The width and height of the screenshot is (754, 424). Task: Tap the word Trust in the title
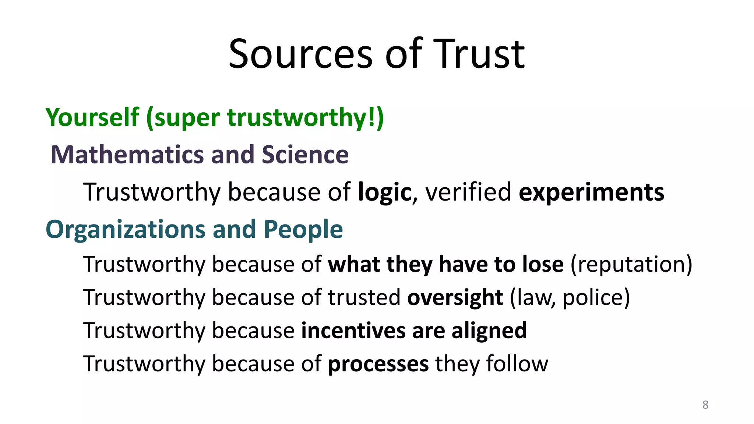(x=479, y=54)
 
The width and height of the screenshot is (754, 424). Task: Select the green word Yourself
(x=92, y=118)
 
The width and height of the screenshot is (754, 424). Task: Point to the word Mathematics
(x=127, y=155)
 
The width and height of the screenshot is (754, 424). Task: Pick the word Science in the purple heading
(x=305, y=155)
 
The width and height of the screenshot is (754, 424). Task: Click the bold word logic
(x=384, y=192)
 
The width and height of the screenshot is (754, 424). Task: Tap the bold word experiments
(x=591, y=192)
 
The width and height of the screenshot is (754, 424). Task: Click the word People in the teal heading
(x=303, y=229)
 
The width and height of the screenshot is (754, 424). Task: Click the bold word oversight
(x=455, y=297)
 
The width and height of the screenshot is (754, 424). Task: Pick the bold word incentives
(x=353, y=330)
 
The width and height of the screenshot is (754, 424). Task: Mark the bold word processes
(x=378, y=364)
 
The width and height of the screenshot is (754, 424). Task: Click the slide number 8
(x=705, y=405)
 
